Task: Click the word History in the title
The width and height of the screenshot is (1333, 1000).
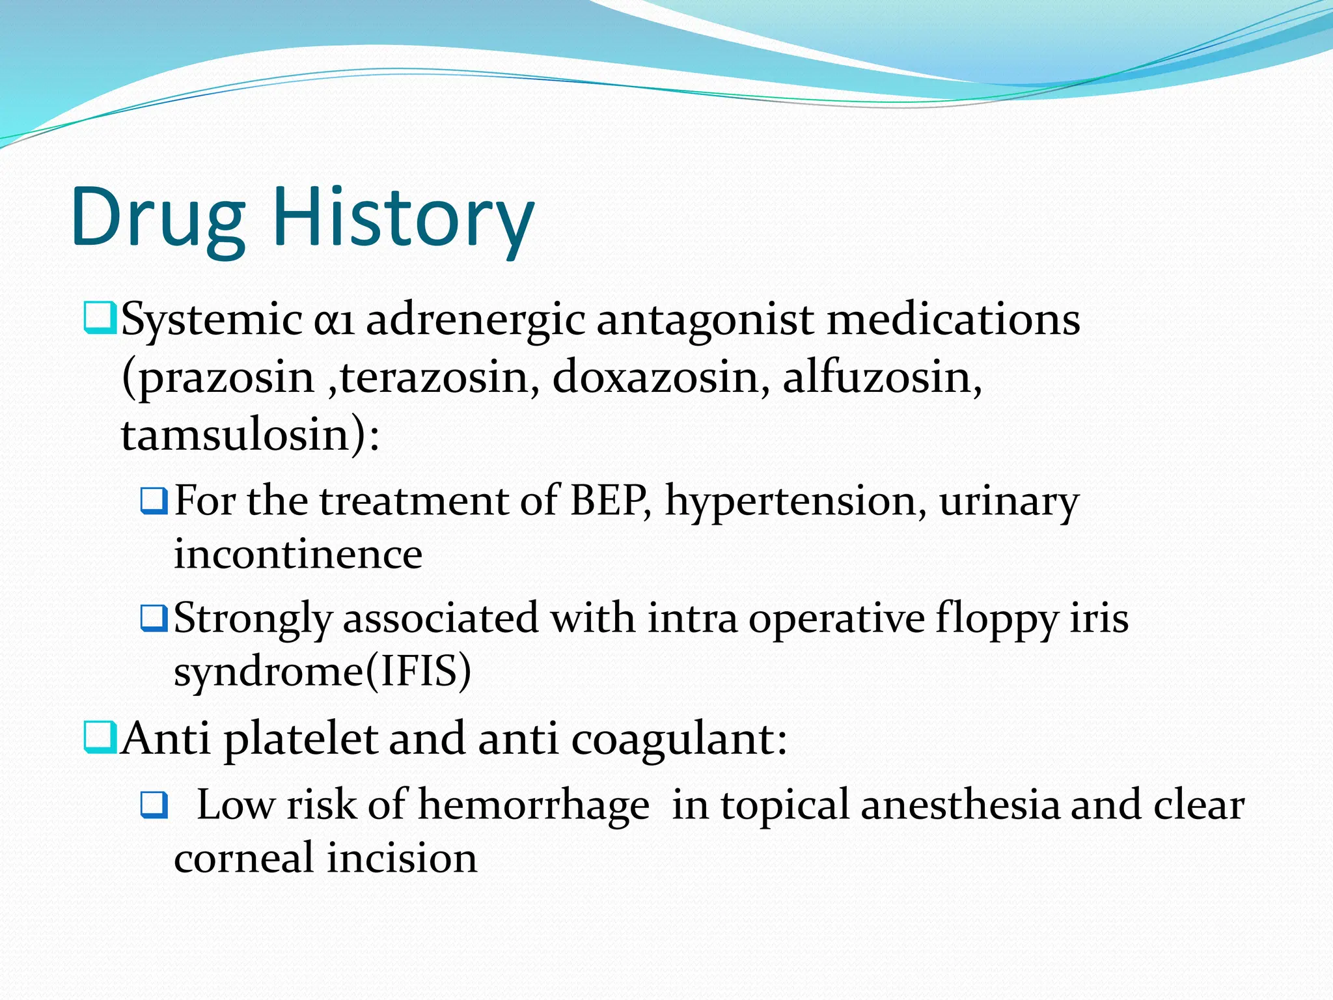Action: click(x=402, y=218)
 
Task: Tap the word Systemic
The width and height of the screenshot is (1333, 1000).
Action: click(x=212, y=320)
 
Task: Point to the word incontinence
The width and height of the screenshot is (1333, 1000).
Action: click(x=298, y=555)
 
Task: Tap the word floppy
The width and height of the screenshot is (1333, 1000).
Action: click(x=996, y=618)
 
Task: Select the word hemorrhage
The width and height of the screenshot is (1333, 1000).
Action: click(x=533, y=806)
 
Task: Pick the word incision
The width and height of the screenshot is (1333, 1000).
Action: click(x=402, y=858)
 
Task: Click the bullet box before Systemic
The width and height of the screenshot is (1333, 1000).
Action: click(x=100, y=318)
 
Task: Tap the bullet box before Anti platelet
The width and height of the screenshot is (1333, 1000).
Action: click(x=100, y=738)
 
